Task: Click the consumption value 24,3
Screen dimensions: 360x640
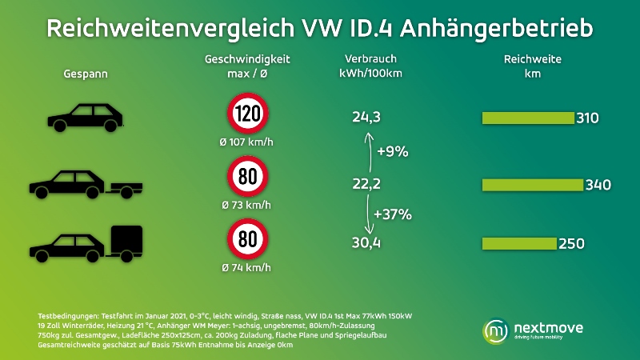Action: coord(366,118)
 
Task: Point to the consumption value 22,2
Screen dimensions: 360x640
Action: coord(366,185)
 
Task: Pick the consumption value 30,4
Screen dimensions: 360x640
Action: coord(366,243)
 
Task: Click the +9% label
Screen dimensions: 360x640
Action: coord(393,151)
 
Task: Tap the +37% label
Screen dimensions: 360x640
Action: coord(394,214)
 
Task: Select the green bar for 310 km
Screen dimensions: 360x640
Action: coord(527,118)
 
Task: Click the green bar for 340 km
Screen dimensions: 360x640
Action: coord(532,185)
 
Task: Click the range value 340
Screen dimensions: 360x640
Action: coord(598,185)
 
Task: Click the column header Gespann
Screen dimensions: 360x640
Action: coord(86,74)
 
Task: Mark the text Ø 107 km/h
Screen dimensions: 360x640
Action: coord(247,142)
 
